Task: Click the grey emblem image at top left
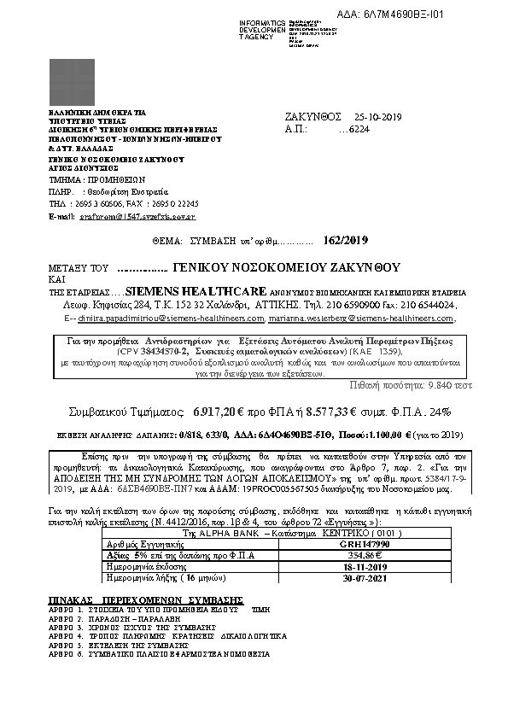click(72, 82)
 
